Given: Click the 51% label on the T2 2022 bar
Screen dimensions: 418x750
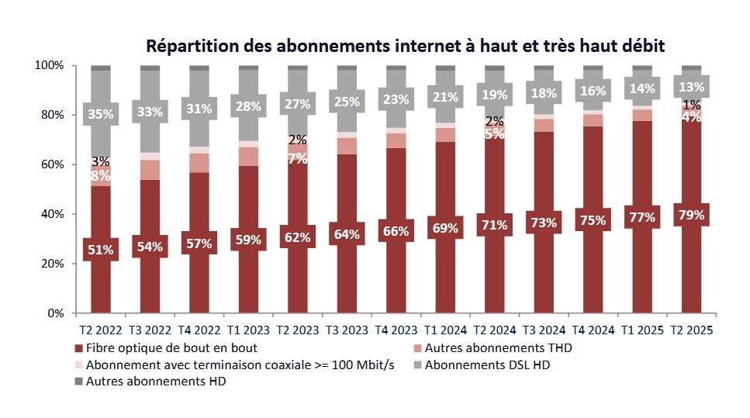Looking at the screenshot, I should tap(101, 250).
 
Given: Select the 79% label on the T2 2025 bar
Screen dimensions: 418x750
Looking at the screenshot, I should tap(691, 215).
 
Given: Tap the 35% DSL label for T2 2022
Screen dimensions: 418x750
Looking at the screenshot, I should tap(101, 114).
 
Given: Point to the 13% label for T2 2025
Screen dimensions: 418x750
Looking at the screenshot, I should tap(691, 87).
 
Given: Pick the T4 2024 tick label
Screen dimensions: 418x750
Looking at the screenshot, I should tap(593, 330).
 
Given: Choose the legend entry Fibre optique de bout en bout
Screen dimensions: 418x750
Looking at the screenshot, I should tap(171, 348).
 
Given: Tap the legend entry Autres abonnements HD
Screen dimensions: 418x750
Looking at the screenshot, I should tap(155, 381).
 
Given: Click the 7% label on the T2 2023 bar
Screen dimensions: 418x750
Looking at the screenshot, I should tap(297, 158).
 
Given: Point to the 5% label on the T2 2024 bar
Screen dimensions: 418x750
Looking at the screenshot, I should tap(494, 133).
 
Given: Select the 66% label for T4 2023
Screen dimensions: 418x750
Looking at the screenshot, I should tap(396, 231).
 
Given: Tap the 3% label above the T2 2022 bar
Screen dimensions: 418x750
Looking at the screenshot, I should tap(101, 161).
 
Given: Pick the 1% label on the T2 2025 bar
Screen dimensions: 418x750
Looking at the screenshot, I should tap(691, 105).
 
